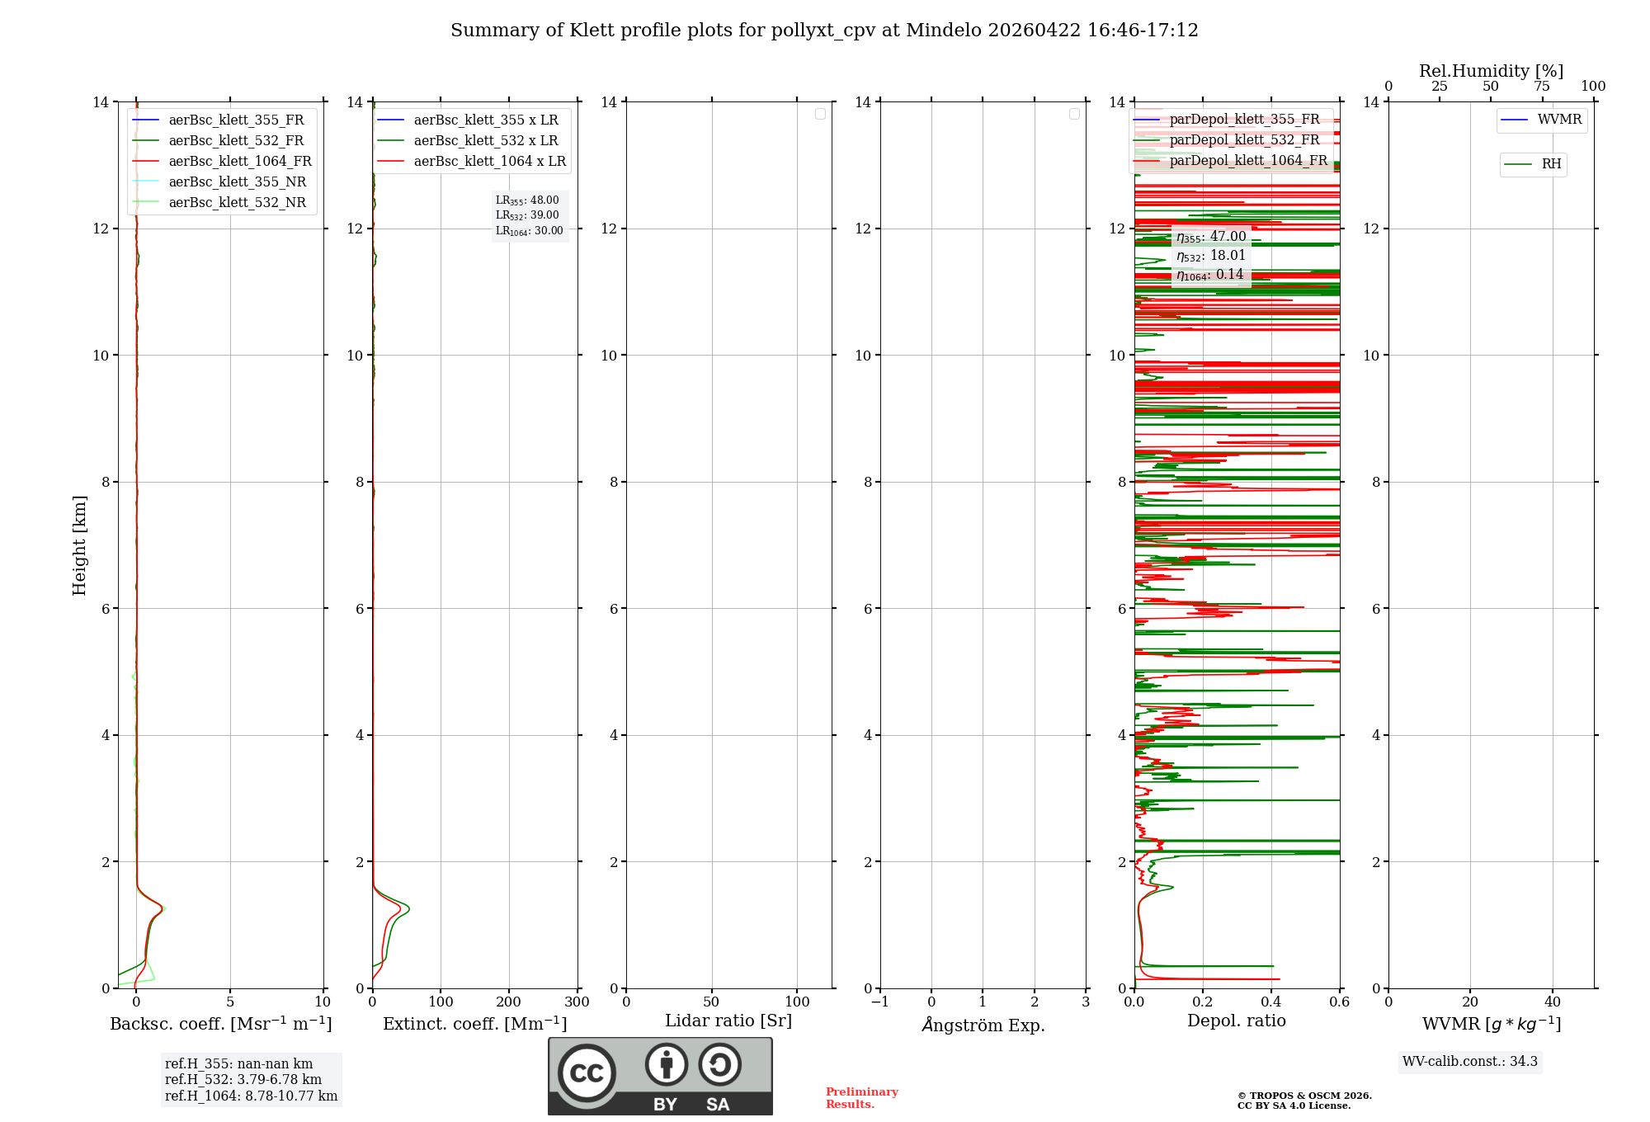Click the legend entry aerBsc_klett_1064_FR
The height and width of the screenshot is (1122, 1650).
[240, 162]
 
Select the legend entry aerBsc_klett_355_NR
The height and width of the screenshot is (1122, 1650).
[238, 182]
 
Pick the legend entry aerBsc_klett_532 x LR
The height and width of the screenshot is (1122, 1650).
[486, 141]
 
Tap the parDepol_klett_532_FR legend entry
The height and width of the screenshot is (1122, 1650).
[1244, 140]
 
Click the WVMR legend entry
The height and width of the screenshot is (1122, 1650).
[1559, 120]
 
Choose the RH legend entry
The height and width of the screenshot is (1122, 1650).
[1551, 164]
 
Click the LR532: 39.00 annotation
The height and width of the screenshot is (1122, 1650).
[527, 215]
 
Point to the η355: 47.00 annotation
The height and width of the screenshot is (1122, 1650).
[1211, 237]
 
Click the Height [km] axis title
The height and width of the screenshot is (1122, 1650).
[79, 545]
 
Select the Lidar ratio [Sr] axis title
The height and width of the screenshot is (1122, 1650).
[728, 1021]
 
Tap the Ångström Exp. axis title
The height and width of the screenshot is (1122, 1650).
[983, 1025]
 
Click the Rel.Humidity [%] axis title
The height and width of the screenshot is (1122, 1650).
[1491, 71]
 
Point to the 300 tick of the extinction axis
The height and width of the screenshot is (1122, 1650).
[577, 1002]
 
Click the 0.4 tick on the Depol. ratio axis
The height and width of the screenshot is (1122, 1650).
[1271, 1002]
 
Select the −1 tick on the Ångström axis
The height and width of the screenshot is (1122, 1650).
[880, 1002]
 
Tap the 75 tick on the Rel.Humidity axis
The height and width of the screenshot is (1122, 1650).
[1542, 87]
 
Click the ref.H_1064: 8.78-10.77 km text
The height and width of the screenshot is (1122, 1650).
[251, 1096]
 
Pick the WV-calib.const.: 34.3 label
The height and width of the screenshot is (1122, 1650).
[1470, 1062]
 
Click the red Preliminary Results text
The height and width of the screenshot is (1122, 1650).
[861, 1098]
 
